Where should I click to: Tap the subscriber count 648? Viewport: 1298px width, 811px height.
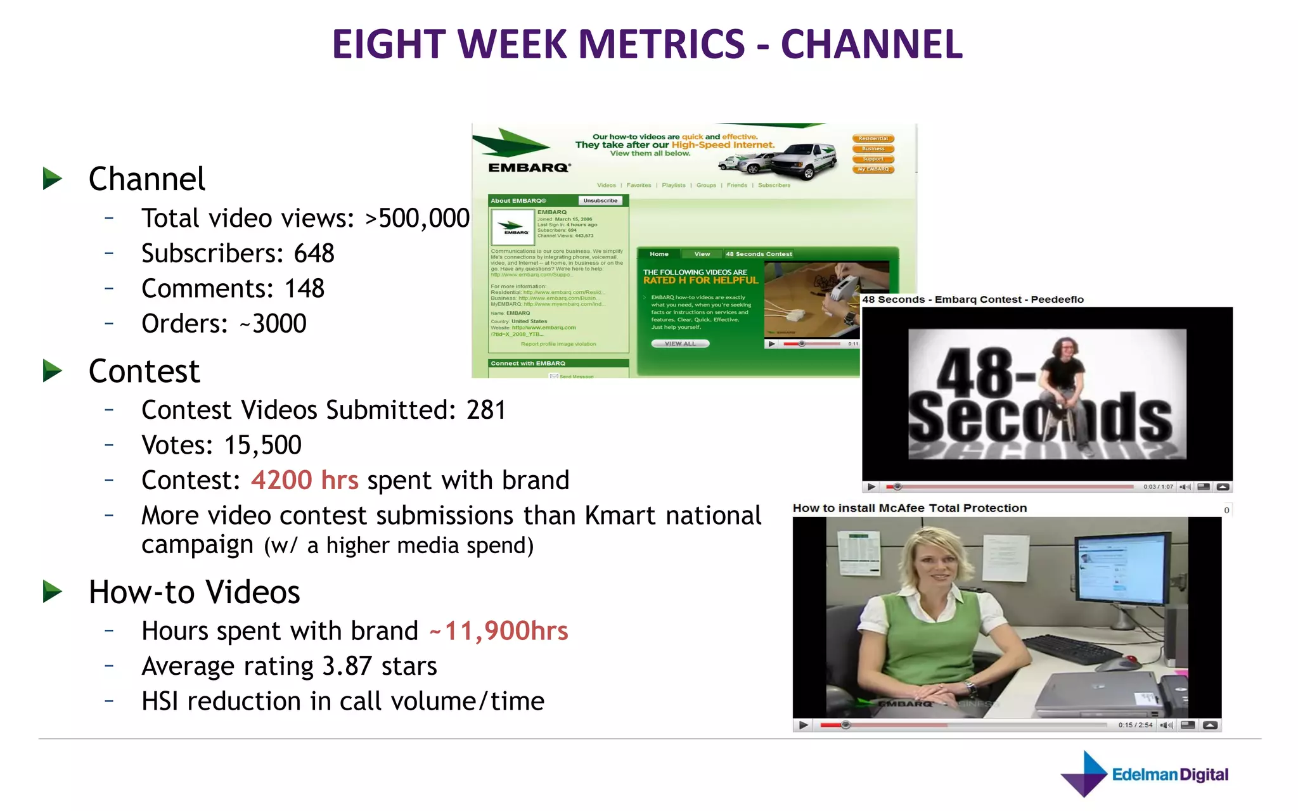pyautogui.click(x=314, y=253)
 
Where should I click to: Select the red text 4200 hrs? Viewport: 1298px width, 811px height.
pyautogui.click(x=304, y=480)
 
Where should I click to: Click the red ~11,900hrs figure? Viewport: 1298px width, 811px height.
pyautogui.click(x=499, y=631)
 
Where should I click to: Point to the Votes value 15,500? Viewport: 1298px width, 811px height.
pyautogui.click(x=262, y=445)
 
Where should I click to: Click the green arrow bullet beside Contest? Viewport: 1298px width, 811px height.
pyautogui.click(x=53, y=371)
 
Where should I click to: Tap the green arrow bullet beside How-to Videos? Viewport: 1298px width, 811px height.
pyautogui.click(x=53, y=592)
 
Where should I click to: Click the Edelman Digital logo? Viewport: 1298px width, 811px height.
pyautogui.click(x=1145, y=774)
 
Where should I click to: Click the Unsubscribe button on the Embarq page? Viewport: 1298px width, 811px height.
pyautogui.click(x=600, y=201)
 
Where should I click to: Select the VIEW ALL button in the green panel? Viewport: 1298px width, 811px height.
pyautogui.click(x=680, y=343)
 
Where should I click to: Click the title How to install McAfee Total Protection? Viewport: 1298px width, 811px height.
pyautogui.click(x=909, y=508)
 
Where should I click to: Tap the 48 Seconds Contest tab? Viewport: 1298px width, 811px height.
pyautogui.click(x=759, y=254)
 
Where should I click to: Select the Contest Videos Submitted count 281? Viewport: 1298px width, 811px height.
pyautogui.click(x=486, y=410)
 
